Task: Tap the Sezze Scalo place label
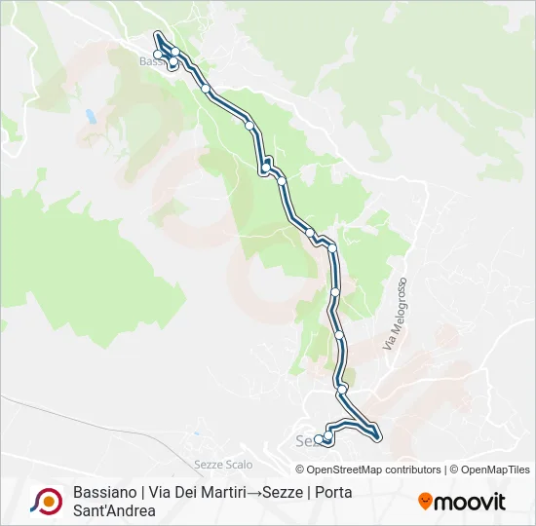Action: tap(224, 464)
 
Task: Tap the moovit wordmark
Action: tap(471, 503)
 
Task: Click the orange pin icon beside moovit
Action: tap(426, 502)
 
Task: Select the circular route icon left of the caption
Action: tap(46, 501)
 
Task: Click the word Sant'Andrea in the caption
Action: tap(114, 511)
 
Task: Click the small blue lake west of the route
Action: tap(90, 116)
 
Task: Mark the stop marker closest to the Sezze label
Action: tap(319, 439)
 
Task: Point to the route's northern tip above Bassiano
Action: tap(157, 36)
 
